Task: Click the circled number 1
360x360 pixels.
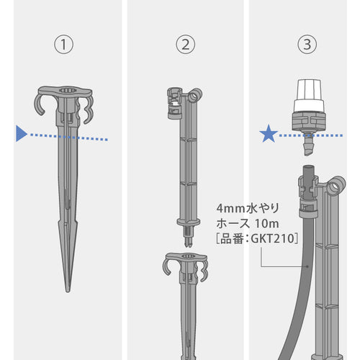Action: (63, 45)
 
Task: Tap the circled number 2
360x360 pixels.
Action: (186, 45)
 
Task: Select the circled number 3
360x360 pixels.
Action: (307, 45)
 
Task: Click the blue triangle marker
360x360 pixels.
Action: (22, 133)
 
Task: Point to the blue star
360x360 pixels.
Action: (269, 134)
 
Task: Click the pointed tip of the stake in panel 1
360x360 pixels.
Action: (68, 291)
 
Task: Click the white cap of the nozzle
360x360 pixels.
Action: (308, 96)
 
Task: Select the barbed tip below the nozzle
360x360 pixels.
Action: (309, 144)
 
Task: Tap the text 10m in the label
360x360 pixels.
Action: (266, 224)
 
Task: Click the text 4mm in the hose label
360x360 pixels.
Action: (231, 209)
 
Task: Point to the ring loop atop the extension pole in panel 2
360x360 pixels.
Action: (195, 96)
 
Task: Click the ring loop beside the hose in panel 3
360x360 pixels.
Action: (336, 186)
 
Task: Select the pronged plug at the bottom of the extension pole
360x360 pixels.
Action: (189, 236)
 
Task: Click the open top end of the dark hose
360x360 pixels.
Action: (309, 166)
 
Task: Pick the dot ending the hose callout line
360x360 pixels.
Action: (307, 266)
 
